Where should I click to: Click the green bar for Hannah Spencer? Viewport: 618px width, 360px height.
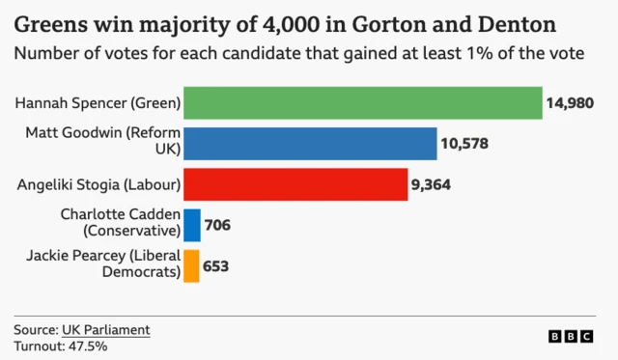pyautogui.click(x=362, y=103)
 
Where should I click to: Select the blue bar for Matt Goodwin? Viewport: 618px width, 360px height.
pyautogui.click(x=310, y=144)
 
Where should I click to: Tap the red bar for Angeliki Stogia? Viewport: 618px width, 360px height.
pyautogui.click(x=295, y=184)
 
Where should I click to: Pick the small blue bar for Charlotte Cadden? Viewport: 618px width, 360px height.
pyautogui.click(x=191, y=225)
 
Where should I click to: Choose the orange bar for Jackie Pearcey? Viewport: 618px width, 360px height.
pyautogui.click(x=191, y=265)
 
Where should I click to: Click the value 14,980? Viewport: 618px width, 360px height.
pyautogui.click(x=570, y=103)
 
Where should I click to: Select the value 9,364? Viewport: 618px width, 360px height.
pyautogui.click(x=432, y=184)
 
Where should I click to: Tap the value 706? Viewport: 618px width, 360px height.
pyautogui.click(x=217, y=225)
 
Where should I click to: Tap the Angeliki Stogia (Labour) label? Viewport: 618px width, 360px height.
pyautogui.click(x=99, y=184)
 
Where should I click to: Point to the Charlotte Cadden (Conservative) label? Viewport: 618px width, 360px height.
pyautogui.click(x=121, y=223)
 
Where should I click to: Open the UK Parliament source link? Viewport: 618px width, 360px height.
pyautogui.click(x=106, y=330)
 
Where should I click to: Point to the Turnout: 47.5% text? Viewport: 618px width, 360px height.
pyautogui.click(x=60, y=346)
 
